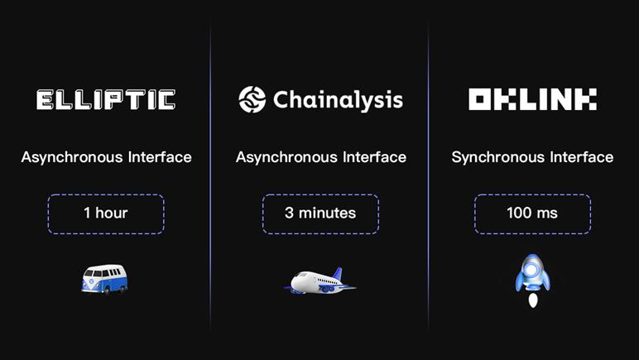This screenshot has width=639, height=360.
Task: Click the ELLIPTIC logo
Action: (x=106, y=100)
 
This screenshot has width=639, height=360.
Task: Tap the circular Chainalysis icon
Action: (x=252, y=99)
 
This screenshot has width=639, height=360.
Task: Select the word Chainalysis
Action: (x=339, y=101)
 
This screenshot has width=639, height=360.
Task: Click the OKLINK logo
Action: (x=532, y=99)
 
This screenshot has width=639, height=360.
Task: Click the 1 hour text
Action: (x=106, y=213)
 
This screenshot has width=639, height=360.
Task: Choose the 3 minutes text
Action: (x=320, y=213)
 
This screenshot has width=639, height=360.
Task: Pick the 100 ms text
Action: (x=532, y=213)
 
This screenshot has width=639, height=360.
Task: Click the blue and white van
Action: (x=105, y=279)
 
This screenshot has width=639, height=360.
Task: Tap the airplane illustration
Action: (x=319, y=281)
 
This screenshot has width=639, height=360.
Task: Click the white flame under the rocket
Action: (x=532, y=300)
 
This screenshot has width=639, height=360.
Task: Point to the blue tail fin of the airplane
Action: (x=338, y=274)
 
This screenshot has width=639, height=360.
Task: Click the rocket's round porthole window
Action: (x=532, y=270)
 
